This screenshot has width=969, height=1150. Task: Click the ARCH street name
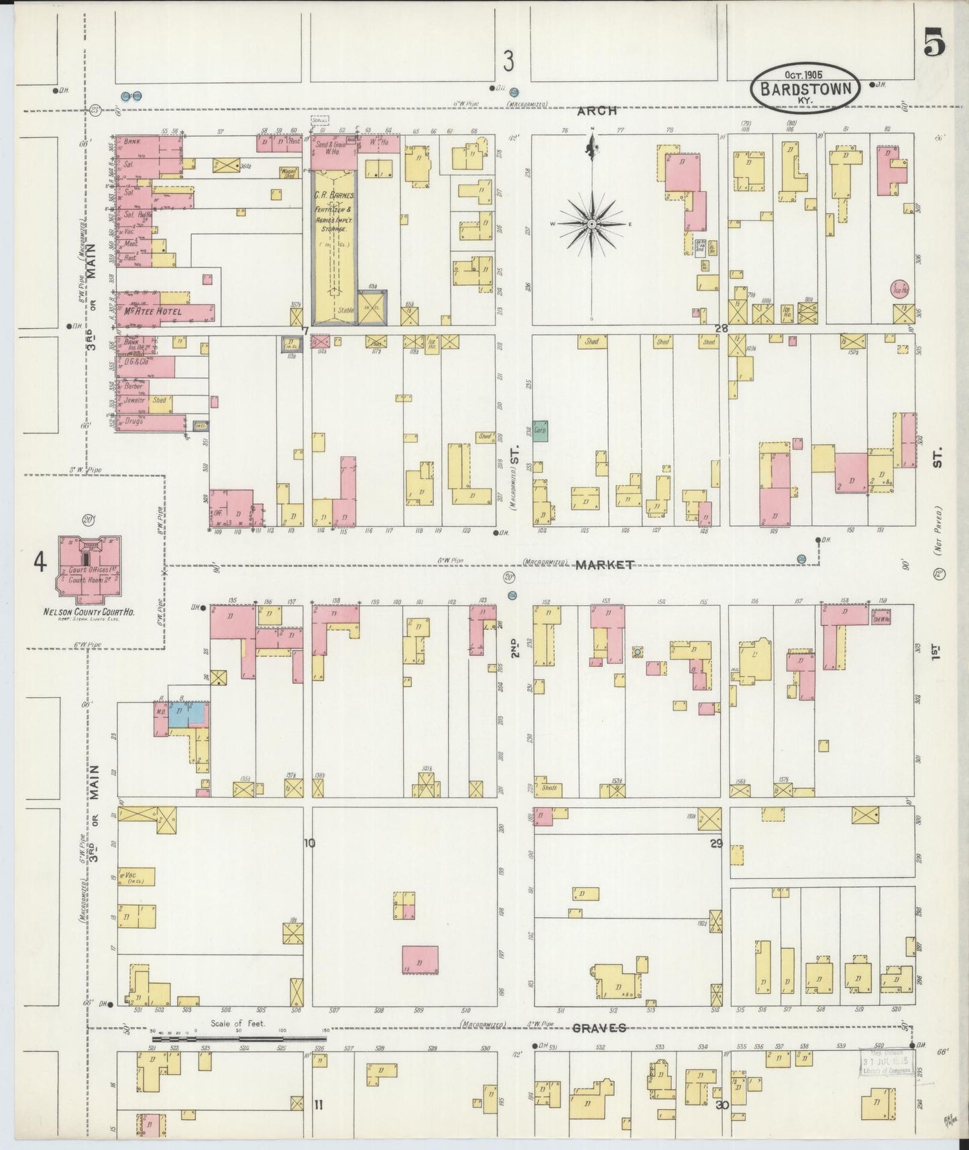tap(597, 111)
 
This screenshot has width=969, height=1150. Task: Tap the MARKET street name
tap(604, 565)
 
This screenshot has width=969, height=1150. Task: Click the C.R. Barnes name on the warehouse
tap(334, 195)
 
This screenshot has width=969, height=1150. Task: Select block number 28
tap(721, 329)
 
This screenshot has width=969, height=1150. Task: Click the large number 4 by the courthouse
tap(40, 562)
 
